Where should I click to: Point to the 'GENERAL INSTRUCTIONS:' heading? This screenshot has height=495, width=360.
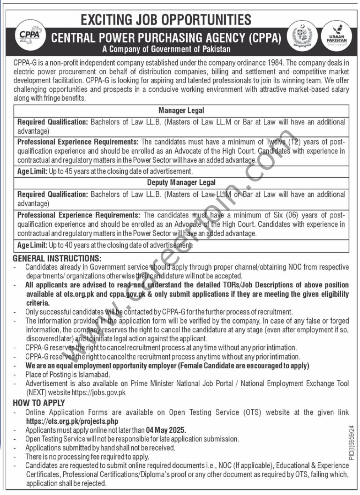57,258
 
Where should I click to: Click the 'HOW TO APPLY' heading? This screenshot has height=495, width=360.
39,403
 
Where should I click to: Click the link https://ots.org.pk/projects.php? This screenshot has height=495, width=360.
72,421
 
